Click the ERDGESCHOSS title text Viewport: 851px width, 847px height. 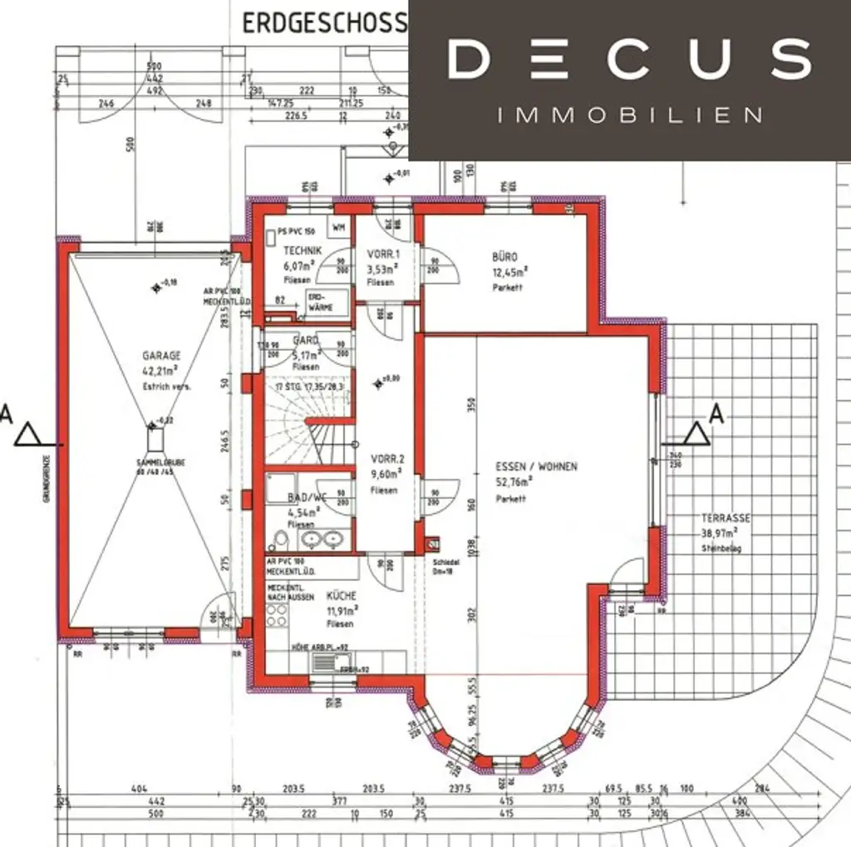coord(323,22)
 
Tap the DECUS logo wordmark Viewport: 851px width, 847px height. coord(629,59)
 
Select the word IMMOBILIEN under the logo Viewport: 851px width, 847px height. coord(629,115)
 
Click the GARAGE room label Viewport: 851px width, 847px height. coord(161,355)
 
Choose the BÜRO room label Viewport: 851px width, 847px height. coord(504,258)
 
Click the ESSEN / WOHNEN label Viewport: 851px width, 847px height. coord(524,467)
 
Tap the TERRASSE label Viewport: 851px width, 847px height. coord(725,518)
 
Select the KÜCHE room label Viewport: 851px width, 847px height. coord(341,596)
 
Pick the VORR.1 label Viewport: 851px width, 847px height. coord(383,254)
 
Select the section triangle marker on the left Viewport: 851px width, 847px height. coord(28,434)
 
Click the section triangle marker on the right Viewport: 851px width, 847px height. coord(696,433)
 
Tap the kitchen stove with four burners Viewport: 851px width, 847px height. coord(278,616)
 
